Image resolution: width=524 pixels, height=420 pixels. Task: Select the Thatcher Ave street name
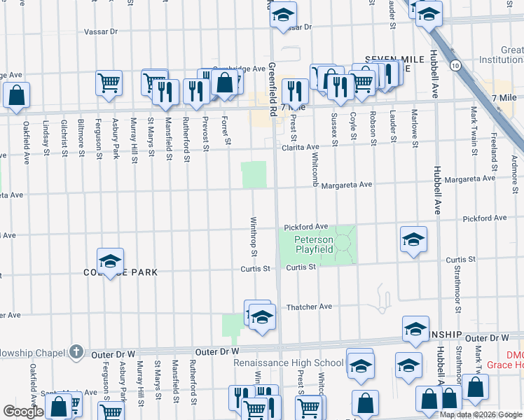(x=309, y=307)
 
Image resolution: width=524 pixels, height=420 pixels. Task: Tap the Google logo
(x=23, y=412)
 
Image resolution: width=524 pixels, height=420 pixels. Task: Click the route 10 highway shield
(x=456, y=65)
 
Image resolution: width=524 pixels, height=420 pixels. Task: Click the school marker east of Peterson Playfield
(x=413, y=239)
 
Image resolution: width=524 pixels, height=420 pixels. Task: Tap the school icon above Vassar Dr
(x=282, y=15)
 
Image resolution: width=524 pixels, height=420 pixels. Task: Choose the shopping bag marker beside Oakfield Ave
(x=16, y=94)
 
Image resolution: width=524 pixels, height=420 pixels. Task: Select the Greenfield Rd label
(x=271, y=90)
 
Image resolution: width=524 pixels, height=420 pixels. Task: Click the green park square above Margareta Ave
(x=254, y=174)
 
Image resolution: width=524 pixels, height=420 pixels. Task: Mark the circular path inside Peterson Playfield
(x=343, y=243)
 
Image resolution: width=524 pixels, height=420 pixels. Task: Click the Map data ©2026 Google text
(x=481, y=414)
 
